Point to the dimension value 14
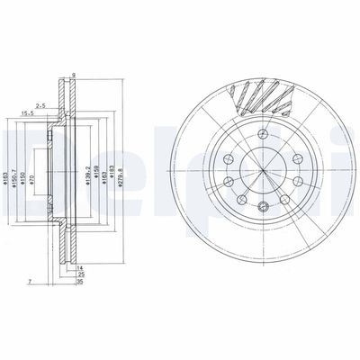(x=79, y=269)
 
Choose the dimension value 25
(x=79, y=275)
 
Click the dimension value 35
(x=79, y=283)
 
